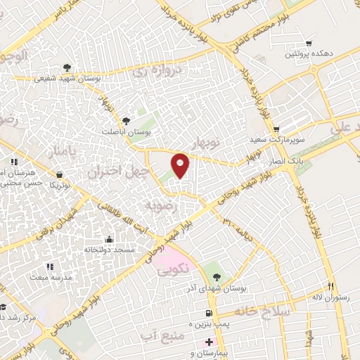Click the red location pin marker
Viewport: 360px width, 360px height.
[181, 165]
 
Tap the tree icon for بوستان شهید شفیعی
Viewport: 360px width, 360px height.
[66, 67]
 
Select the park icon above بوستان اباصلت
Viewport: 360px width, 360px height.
[126, 120]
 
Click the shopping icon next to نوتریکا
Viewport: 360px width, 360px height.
[59, 174]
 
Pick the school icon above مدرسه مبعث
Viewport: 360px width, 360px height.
[49, 266]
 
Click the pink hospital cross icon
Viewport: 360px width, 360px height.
[207, 342]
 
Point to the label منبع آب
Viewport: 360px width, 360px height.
[168, 326]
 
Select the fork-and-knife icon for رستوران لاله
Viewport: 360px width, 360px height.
[330, 285]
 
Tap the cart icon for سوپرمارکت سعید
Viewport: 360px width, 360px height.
[277, 129]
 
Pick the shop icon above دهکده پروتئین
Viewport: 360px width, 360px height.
[309, 42]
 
